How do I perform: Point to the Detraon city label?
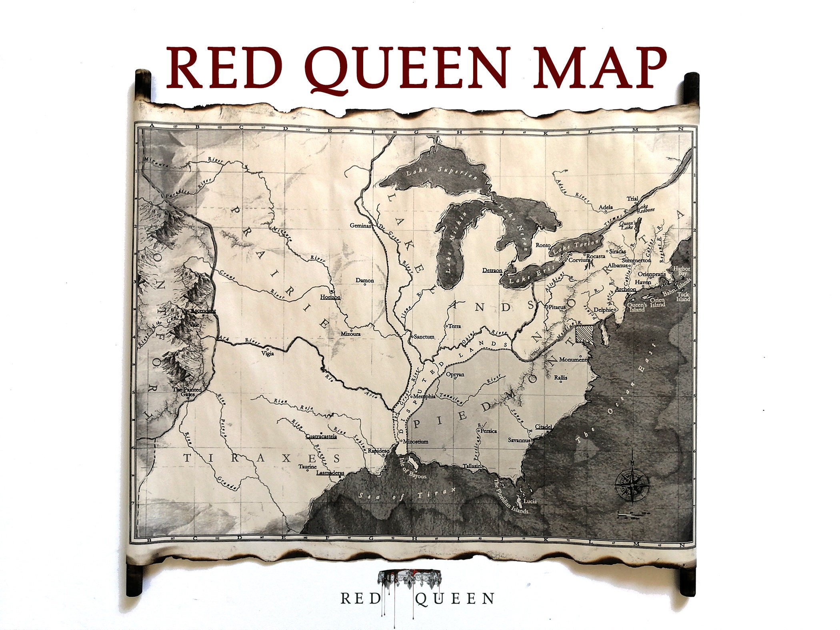492,270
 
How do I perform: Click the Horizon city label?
330,297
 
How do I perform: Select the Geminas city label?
360,225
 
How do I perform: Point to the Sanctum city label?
424,337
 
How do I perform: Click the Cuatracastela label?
321,437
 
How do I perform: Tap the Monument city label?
573,360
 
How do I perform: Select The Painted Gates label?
187,392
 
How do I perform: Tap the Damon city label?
365,280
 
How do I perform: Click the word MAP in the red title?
600,68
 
